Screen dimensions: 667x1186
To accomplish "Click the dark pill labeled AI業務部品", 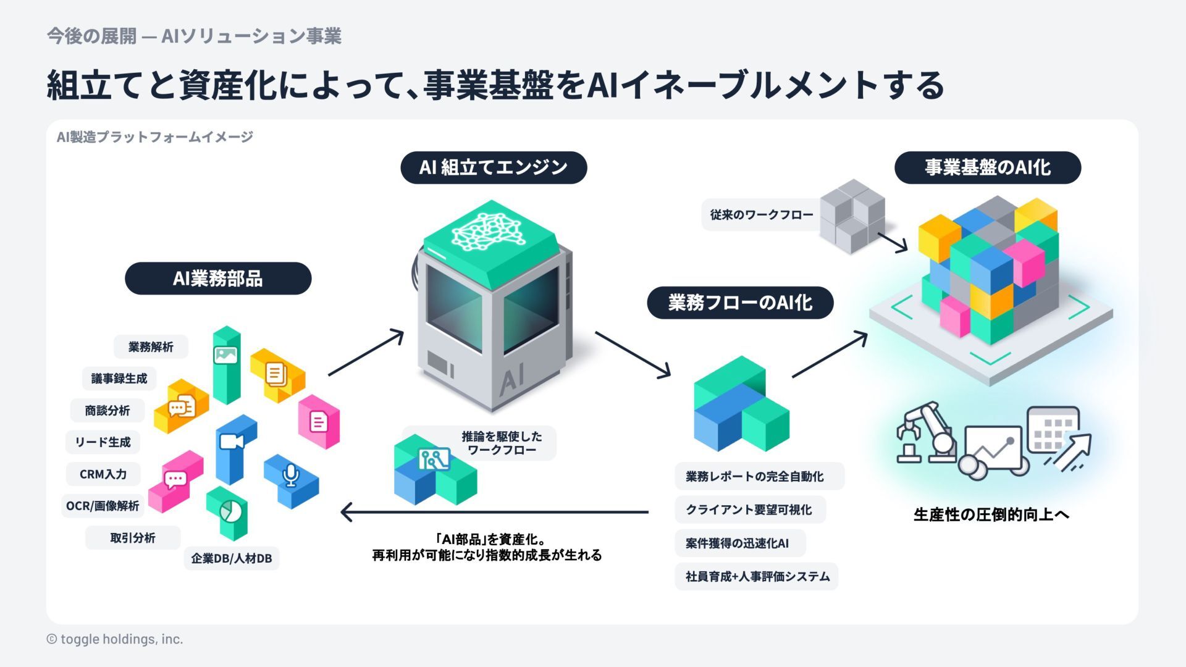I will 217,279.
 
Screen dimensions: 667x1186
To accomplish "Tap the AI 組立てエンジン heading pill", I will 493,167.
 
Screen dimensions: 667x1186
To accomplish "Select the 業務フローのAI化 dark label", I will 739,303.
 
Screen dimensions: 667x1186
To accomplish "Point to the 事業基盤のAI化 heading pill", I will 987,167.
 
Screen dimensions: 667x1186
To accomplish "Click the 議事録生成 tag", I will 119,379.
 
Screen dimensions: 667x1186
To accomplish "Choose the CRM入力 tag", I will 103,474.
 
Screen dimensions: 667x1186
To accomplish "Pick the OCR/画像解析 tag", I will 103,506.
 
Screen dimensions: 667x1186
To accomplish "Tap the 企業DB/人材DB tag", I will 231,558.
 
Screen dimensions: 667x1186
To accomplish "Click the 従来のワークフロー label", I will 761,215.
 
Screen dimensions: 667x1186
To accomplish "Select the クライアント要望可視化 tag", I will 749,510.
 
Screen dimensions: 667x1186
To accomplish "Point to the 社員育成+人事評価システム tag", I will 757,577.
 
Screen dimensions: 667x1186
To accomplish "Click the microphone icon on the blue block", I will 290,475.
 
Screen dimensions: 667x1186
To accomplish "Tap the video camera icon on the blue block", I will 231,442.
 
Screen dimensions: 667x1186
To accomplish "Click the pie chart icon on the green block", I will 231,511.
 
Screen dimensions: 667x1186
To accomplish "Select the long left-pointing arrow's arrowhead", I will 347,512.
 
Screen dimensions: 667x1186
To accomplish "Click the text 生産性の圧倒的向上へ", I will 991,514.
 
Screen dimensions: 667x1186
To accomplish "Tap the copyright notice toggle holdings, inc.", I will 115,639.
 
